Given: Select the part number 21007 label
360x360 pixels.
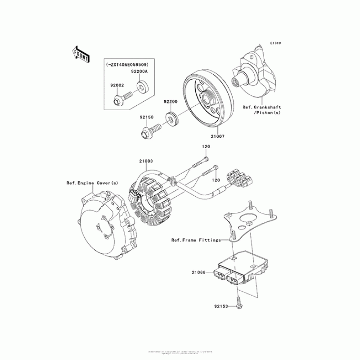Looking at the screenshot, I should (217, 135).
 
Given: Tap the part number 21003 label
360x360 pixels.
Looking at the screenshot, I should (146, 161).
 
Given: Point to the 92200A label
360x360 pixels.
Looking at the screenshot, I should (140, 72).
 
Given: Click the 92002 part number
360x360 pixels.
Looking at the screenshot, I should (116, 84).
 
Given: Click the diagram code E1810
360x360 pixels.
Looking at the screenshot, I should (275, 43).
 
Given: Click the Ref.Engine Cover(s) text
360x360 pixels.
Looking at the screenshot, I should (86, 183).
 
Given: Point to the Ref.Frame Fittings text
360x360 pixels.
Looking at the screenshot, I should (196, 240).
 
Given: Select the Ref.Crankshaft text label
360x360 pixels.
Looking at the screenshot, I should (262, 108).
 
